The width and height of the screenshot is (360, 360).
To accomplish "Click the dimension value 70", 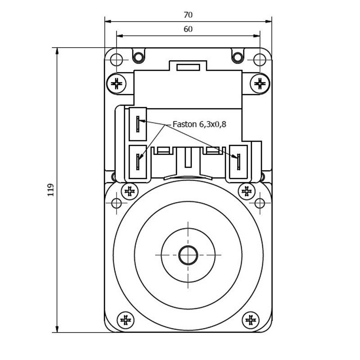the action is [x=188, y=15].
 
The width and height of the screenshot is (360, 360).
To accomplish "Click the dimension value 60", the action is [x=188, y=29].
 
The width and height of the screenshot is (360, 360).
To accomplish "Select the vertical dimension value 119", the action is [x=50, y=190].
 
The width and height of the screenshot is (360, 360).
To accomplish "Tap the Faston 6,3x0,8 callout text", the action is [x=199, y=124].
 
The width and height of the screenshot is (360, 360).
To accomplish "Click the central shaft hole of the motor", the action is [x=188, y=255].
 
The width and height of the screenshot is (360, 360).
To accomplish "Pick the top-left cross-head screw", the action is [x=117, y=83].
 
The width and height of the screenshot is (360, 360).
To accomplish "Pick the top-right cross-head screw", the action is [x=260, y=83].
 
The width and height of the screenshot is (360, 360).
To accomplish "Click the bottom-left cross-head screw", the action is [x=126, y=320].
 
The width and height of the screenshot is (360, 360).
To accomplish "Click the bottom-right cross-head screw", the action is [x=251, y=320].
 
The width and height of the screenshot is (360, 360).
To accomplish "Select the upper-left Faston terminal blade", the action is [x=138, y=124].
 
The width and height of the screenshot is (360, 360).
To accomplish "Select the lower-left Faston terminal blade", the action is [x=138, y=162].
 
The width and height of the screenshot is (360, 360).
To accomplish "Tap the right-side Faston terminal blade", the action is [x=238, y=162].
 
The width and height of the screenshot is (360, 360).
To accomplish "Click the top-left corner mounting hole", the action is [x=117, y=60].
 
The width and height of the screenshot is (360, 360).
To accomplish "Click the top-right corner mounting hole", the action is [x=260, y=60].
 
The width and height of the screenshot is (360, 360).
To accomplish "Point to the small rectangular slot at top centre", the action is [x=188, y=67].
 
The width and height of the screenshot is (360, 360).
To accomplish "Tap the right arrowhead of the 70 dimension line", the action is [x=268, y=22].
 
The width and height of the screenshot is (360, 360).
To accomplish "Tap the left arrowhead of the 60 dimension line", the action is [x=120, y=36].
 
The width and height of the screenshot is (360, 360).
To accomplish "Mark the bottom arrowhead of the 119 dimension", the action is [x=57, y=329].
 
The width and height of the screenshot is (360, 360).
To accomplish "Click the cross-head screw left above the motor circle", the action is [x=130, y=191].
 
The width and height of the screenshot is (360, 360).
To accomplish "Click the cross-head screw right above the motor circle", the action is [x=247, y=191].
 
